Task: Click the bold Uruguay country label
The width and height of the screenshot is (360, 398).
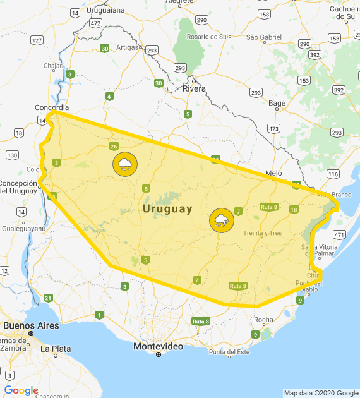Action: (x=167, y=208)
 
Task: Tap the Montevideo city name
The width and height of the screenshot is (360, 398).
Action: (x=158, y=347)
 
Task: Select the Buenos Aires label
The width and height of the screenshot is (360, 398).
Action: (x=31, y=326)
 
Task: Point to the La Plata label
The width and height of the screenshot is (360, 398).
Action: (x=56, y=348)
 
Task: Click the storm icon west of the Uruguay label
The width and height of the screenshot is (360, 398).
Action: (x=125, y=164)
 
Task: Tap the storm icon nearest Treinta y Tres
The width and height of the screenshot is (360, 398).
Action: (x=222, y=220)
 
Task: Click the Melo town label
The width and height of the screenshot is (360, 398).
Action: (x=273, y=172)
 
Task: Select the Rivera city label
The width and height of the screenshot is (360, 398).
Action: (x=194, y=88)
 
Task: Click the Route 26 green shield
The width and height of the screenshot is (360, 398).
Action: (x=114, y=147)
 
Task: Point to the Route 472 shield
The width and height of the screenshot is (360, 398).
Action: (x=95, y=23)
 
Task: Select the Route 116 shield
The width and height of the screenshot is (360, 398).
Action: (x=333, y=174)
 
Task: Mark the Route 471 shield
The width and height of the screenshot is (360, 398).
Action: (x=339, y=234)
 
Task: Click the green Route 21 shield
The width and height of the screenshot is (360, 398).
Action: (x=48, y=298)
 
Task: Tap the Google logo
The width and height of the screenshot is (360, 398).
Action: (x=21, y=390)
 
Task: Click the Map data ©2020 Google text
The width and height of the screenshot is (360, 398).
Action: (x=320, y=393)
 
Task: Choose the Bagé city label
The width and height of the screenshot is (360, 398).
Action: (x=277, y=102)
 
